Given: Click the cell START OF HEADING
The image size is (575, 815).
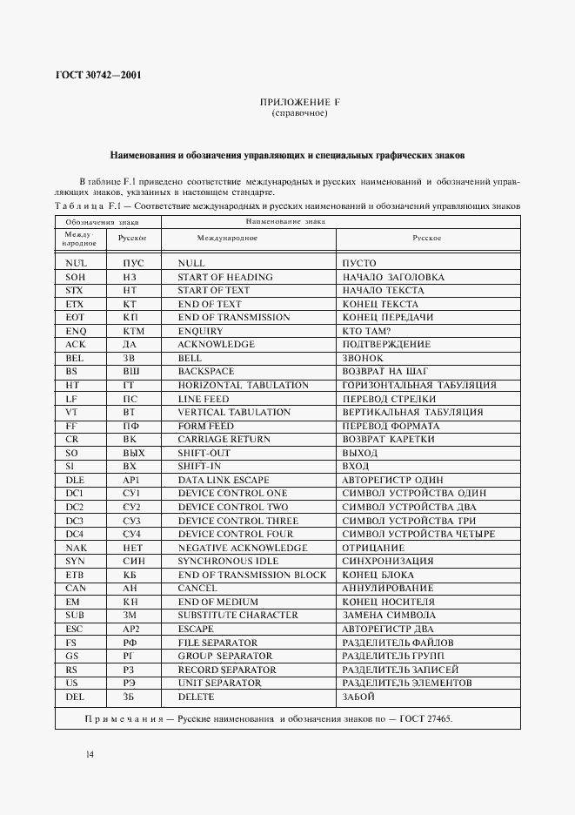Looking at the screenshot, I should click(x=224, y=277).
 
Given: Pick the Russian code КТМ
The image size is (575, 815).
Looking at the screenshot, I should click(x=132, y=331).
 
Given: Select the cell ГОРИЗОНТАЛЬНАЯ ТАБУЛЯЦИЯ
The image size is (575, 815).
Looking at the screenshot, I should click(x=419, y=385).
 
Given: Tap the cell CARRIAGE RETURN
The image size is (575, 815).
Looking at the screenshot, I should click(x=224, y=440).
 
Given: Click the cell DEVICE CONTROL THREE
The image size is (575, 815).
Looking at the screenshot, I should click(x=237, y=521).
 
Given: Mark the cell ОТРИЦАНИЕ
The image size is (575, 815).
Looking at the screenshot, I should click(x=374, y=548).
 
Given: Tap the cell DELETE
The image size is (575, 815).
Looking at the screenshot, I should click(x=196, y=697).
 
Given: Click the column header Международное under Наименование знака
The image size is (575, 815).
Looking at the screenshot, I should click(x=227, y=238).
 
